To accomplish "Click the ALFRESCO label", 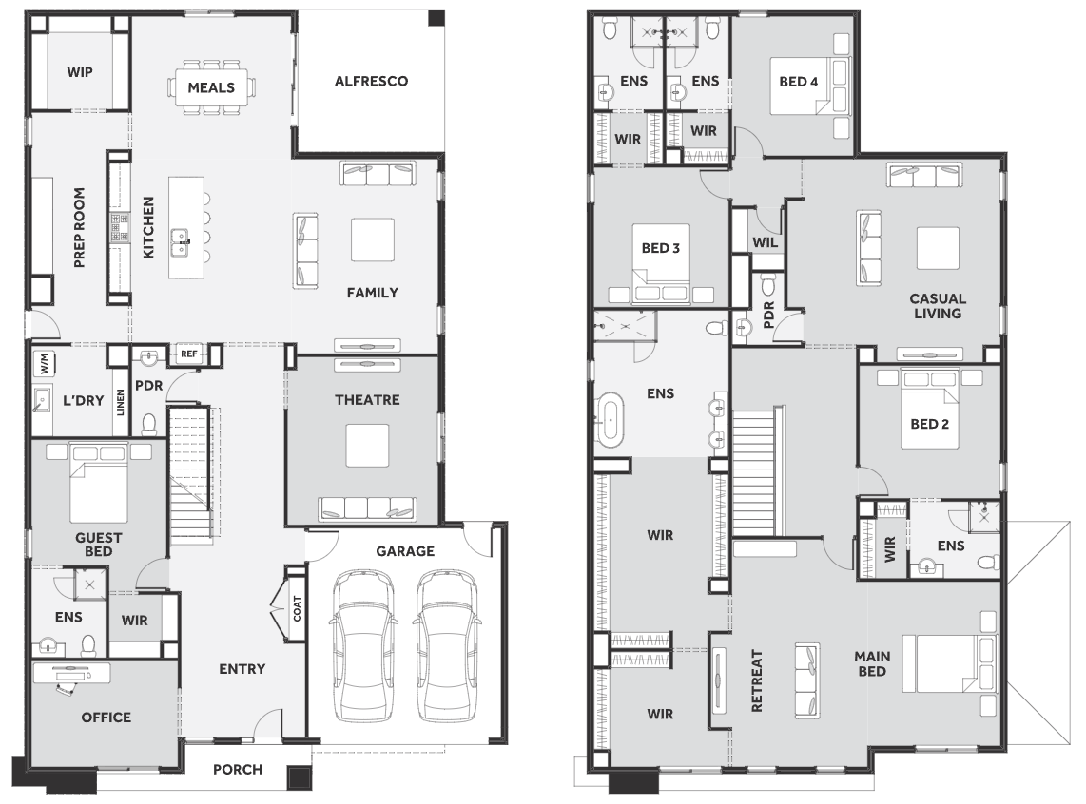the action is [x=371, y=81].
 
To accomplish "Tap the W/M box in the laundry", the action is [x=44, y=362].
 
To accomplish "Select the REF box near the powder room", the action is [x=189, y=354].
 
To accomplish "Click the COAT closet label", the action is [x=297, y=609].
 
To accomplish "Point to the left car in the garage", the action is [x=364, y=646].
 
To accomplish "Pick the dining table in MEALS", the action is [x=211, y=87].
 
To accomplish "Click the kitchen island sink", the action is [x=180, y=242].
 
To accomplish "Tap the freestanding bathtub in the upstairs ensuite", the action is [x=611, y=419].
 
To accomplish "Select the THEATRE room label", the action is [x=367, y=400].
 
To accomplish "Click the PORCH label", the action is [x=238, y=770].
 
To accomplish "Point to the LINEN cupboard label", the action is [x=121, y=403].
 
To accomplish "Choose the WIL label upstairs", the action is [x=766, y=243].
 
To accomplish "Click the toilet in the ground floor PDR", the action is [x=149, y=424].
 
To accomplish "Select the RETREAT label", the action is [x=756, y=680].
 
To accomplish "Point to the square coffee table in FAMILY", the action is [x=373, y=239].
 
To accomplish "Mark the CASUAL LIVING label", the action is [x=938, y=306].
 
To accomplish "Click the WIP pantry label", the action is [x=80, y=72].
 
